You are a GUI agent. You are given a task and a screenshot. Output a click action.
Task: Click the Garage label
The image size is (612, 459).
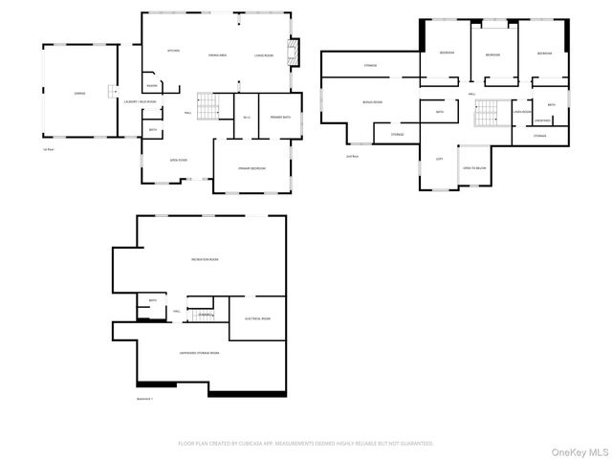pyautogui.click(x=79, y=93)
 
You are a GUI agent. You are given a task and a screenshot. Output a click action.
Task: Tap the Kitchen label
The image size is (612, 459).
pyautogui.click(x=173, y=51)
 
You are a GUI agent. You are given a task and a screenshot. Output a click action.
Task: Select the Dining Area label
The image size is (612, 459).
pyautogui.click(x=217, y=55)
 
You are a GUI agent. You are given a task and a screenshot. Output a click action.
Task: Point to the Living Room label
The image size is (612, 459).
pyautogui.click(x=264, y=55)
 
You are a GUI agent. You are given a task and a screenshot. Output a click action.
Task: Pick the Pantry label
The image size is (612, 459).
pyautogui.click(x=151, y=85)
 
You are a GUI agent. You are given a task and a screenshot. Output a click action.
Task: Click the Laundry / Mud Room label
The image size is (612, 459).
pyautogui.click(x=141, y=101)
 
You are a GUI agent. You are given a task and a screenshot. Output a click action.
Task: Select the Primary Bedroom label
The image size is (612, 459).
pyautogui.click(x=251, y=168)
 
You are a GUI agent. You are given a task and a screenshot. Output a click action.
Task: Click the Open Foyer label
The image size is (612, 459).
pyautogui.click(x=178, y=160)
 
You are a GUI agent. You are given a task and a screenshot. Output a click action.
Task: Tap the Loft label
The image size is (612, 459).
pyautogui.click(x=439, y=159)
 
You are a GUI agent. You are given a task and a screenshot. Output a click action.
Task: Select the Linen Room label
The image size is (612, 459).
pyautogui.click(x=521, y=112)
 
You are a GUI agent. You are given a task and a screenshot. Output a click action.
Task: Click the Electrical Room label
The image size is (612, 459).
pyautogui.click(x=257, y=318)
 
